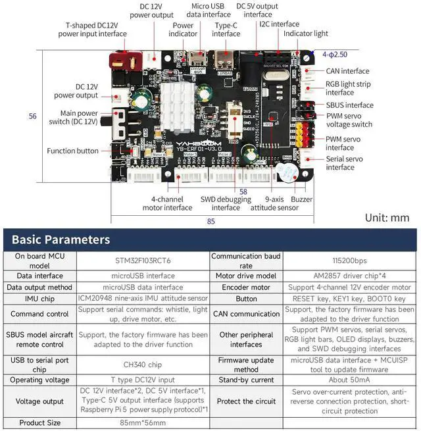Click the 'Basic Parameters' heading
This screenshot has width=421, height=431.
(x=61, y=240)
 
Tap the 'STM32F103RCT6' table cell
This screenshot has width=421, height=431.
(x=143, y=260)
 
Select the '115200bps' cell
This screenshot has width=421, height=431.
(x=350, y=260)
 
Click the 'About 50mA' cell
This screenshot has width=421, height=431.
(x=350, y=380)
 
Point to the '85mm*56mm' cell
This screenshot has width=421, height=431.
(x=143, y=422)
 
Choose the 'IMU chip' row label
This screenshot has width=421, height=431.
(x=39, y=298)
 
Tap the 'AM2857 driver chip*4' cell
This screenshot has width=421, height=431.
(x=350, y=276)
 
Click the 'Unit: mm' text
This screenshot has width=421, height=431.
(x=387, y=217)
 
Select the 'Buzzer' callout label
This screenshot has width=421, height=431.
(x=302, y=199)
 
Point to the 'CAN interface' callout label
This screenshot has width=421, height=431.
(x=347, y=71)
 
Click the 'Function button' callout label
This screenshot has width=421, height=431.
(x=72, y=151)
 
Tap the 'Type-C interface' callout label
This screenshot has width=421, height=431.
(x=226, y=29)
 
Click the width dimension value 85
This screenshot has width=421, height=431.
(x=211, y=221)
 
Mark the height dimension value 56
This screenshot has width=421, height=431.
(x=33, y=116)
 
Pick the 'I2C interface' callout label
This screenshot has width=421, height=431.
(x=280, y=24)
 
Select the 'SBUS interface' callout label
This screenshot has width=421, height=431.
(x=349, y=105)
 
